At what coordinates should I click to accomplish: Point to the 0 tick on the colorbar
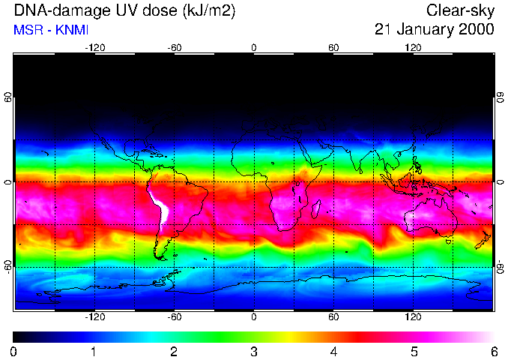13,351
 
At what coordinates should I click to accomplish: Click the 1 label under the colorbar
94,351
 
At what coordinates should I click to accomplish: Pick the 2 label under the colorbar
173,351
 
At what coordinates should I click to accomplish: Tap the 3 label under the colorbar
253,351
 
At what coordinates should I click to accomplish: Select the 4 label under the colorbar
333,351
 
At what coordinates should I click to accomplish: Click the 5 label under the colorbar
414,351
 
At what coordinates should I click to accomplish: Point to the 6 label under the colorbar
493,351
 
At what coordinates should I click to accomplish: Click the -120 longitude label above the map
94,47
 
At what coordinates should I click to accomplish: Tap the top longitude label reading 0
254,47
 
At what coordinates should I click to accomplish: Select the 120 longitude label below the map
413,317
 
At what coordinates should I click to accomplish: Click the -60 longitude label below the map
174,317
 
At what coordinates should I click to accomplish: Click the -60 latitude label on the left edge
7,267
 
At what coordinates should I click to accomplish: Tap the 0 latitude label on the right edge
500,182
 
